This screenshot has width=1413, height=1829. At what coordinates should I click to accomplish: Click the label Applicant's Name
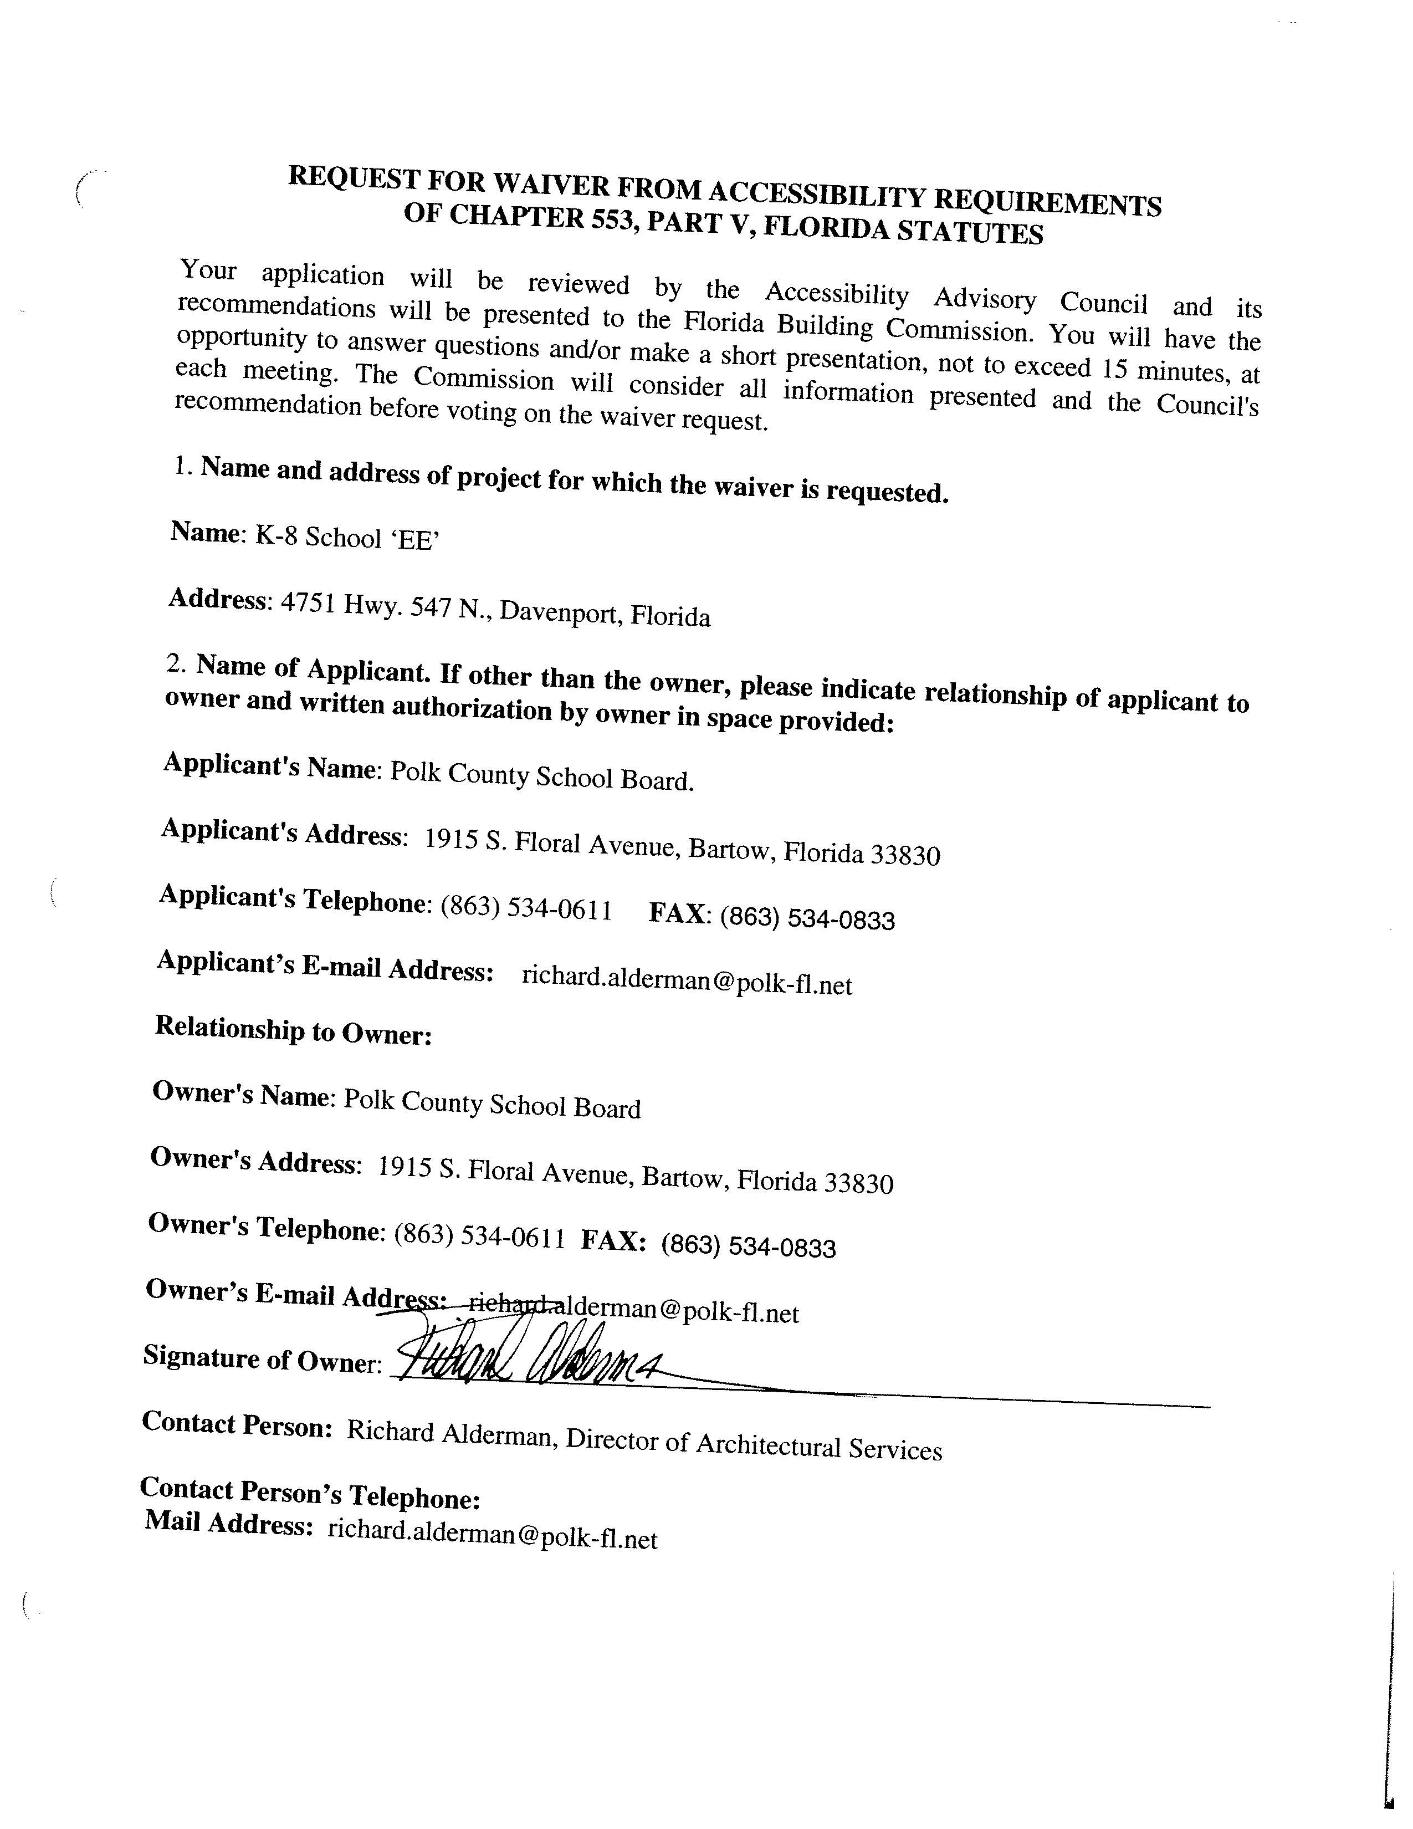(x=269, y=765)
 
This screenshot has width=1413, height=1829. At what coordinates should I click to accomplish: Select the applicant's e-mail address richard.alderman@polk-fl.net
(x=687, y=980)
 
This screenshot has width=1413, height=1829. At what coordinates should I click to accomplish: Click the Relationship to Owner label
(x=293, y=1030)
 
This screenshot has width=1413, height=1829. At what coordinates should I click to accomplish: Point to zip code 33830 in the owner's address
(x=859, y=1183)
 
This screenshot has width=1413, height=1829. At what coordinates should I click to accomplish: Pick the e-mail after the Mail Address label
(x=492, y=1534)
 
